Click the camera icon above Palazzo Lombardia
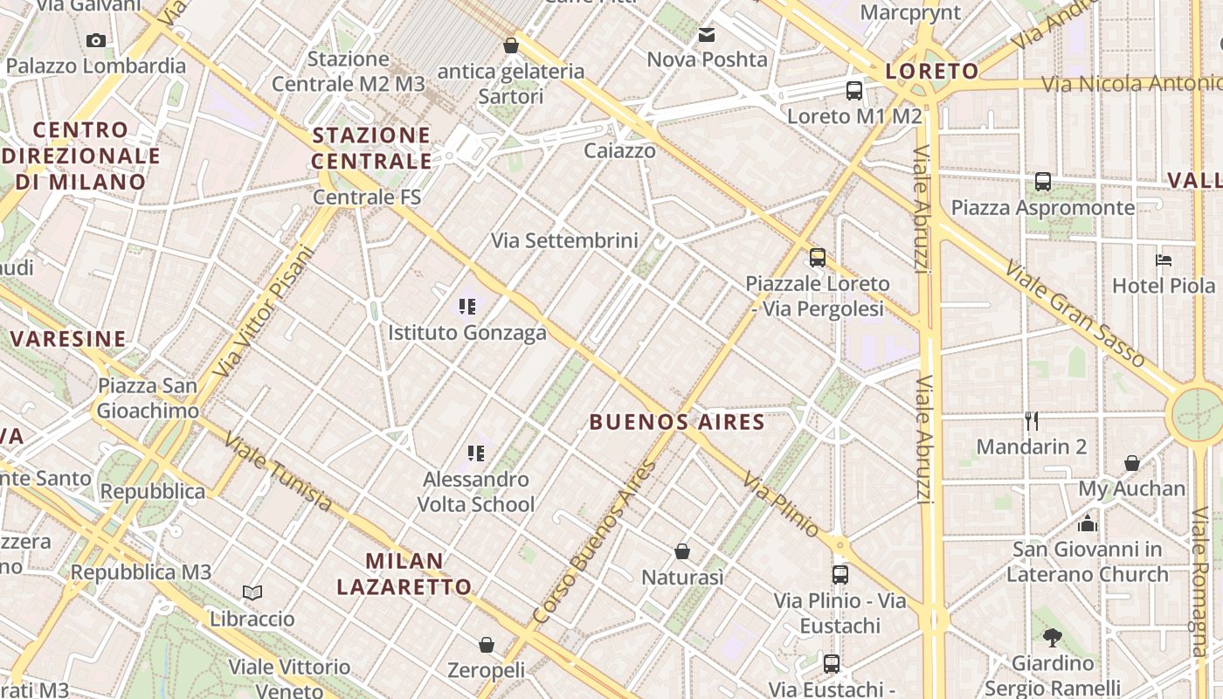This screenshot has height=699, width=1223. point(96,40)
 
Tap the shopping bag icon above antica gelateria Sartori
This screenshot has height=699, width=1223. point(511,45)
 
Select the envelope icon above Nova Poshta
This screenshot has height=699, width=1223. point(706,35)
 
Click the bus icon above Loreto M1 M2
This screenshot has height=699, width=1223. point(853,90)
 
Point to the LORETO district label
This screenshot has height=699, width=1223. point(932,72)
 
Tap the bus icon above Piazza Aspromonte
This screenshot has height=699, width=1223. point(1042,182)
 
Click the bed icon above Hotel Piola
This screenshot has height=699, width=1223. point(1163,260)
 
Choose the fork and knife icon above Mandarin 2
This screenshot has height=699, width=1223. point(1032,421)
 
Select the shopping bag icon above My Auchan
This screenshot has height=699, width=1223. point(1131,463)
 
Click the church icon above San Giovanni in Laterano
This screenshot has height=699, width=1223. point(1088,523)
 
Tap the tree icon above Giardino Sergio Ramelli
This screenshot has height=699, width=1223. point(1052,638)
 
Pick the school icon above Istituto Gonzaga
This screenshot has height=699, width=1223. point(467,306)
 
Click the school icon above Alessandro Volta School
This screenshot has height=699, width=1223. point(476,453)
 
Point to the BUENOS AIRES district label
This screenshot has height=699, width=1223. point(677,423)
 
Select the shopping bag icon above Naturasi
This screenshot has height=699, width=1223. point(682,551)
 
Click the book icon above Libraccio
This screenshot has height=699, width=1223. point(252,592)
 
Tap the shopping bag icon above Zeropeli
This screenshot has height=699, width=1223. point(487,645)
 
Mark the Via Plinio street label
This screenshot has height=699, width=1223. point(781,504)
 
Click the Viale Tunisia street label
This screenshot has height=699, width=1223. point(277,472)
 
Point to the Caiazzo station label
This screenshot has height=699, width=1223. point(619,150)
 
